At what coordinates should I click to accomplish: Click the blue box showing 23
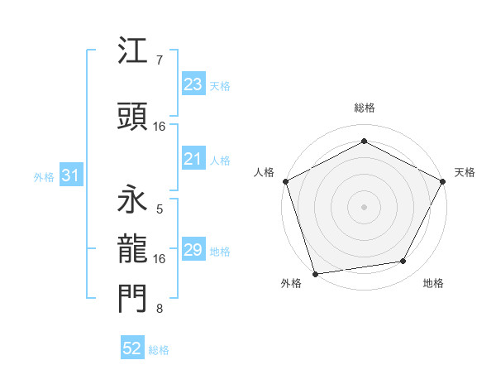[x=193, y=84]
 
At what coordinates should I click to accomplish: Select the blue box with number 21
[x=193, y=160]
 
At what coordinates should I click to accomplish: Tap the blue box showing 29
[x=193, y=250]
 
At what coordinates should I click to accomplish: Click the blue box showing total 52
[x=132, y=349]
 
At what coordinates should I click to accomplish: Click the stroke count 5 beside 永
[x=160, y=210]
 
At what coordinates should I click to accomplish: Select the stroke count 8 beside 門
[x=160, y=310]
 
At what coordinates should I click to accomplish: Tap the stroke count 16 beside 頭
[x=160, y=127]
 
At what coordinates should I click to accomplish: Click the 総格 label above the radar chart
[x=364, y=108]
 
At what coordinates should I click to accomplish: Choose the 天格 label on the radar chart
[x=465, y=172]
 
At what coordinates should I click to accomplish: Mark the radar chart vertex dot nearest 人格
[x=285, y=180]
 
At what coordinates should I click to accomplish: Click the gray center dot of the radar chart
[x=364, y=206]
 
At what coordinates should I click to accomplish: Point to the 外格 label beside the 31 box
[x=44, y=176]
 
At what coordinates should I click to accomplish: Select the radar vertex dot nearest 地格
[x=403, y=262]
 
